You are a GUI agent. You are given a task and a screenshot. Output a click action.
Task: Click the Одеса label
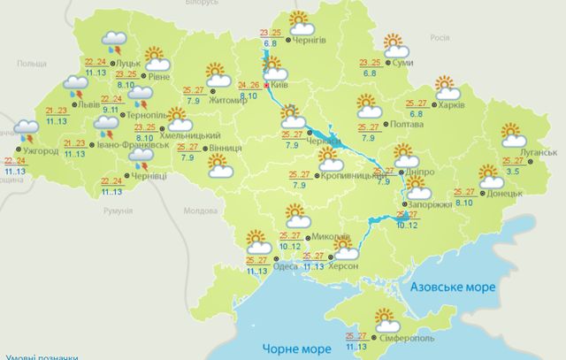click(286, 264)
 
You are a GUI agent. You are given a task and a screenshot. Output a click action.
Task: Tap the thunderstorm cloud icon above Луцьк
click(113, 40)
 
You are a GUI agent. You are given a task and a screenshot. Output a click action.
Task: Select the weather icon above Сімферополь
click(385, 316)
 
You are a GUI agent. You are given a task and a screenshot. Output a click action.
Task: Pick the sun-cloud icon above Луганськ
click(512, 135)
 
